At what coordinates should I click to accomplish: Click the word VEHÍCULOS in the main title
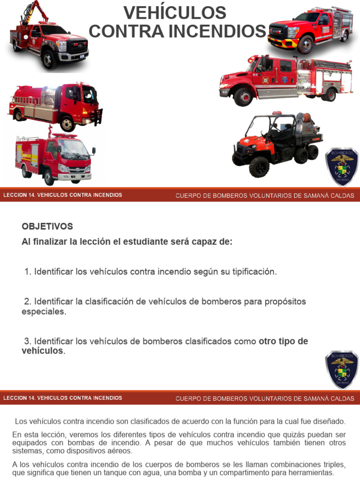pyautogui.click(x=174, y=13)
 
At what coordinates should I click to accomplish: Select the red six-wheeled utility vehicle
pyautogui.click(x=277, y=143)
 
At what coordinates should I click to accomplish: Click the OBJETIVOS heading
pyautogui.click(x=47, y=226)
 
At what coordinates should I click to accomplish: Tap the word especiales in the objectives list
pyautogui.click(x=44, y=311)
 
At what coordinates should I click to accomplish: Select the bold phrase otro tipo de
pyautogui.click(x=283, y=341)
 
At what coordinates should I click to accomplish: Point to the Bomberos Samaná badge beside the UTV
pyautogui.click(x=342, y=167)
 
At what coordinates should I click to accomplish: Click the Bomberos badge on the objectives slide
pyautogui.click(x=342, y=369)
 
